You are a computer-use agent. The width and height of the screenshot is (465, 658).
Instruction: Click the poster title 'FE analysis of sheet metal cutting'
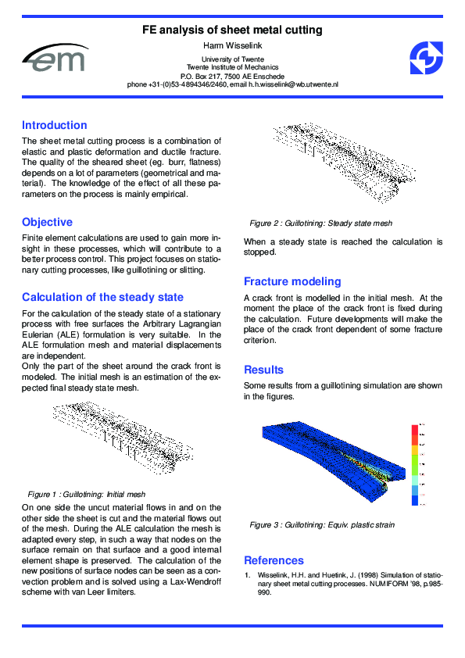pos(232,30)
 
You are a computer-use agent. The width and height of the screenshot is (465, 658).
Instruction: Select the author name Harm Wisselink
pos(232,45)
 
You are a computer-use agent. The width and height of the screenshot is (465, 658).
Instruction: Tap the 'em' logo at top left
pos(55,59)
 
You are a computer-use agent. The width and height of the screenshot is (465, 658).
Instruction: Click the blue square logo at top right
pos(426,59)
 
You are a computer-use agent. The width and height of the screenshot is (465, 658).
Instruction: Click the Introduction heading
pos(55,125)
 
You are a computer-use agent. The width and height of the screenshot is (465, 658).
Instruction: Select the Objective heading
pos(47,222)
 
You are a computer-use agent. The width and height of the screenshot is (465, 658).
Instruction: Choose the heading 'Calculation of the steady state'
pos(102,297)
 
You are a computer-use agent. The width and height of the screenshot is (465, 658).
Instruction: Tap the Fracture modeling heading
pos(292,281)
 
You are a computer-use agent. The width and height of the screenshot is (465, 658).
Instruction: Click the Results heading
pos(263,370)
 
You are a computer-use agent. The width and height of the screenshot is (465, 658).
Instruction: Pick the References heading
pos(274,560)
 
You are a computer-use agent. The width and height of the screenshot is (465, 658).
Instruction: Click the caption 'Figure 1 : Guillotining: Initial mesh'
pos(87,495)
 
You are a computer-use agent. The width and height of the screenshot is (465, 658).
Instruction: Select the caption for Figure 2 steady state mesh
pos(316,223)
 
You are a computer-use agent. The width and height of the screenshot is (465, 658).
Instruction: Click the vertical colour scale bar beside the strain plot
pos(414,467)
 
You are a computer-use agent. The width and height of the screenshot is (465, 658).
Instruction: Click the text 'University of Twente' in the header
pos(232,59)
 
